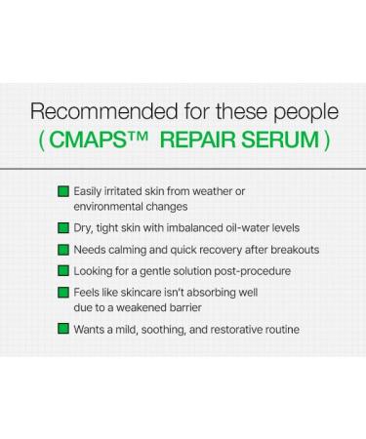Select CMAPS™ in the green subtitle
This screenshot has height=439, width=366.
tap(93, 139)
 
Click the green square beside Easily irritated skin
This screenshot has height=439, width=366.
tap(63, 190)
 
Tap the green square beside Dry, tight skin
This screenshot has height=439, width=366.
tap(63, 226)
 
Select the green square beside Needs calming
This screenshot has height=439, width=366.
tap(63, 250)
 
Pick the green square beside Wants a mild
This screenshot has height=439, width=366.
tap(63, 330)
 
